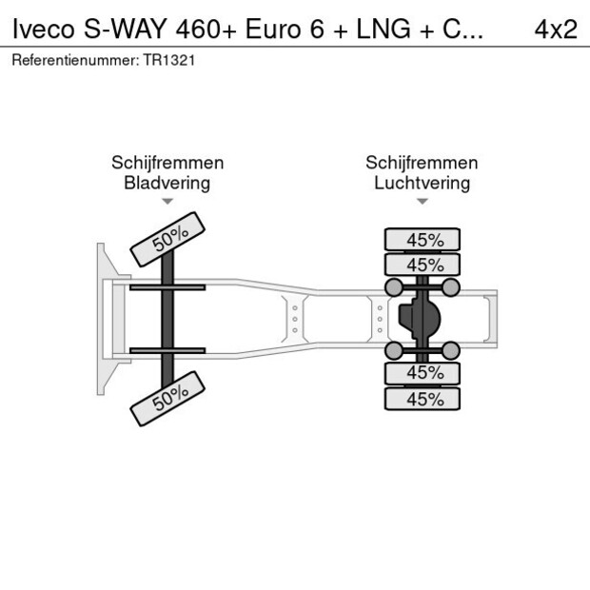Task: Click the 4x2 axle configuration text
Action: [556, 29]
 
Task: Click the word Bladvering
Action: [167, 183]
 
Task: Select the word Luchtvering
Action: [422, 183]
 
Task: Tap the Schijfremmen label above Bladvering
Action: [167, 163]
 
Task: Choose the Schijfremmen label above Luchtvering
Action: [422, 163]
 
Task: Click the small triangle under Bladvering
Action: [167, 202]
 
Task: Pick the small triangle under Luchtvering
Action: [422, 202]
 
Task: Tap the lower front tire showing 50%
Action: [168, 398]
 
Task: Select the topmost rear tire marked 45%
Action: [422, 240]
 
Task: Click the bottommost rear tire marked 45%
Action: [422, 400]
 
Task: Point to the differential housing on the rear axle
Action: [420, 319]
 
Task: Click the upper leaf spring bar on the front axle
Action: [167, 287]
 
